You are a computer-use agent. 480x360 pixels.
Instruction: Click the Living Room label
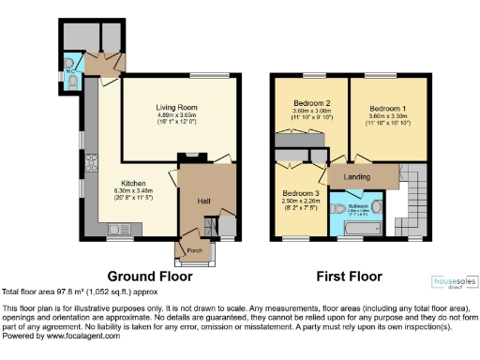[x=177, y=108]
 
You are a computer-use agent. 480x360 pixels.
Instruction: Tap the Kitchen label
[x=132, y=184]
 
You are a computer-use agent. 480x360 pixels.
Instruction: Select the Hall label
[x=203, y=201]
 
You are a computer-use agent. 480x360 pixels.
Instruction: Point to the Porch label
[x=195, y=250]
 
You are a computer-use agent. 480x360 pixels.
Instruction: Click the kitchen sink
[x=120, y=228]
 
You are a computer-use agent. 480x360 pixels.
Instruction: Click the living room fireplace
[x=191, y=155]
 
